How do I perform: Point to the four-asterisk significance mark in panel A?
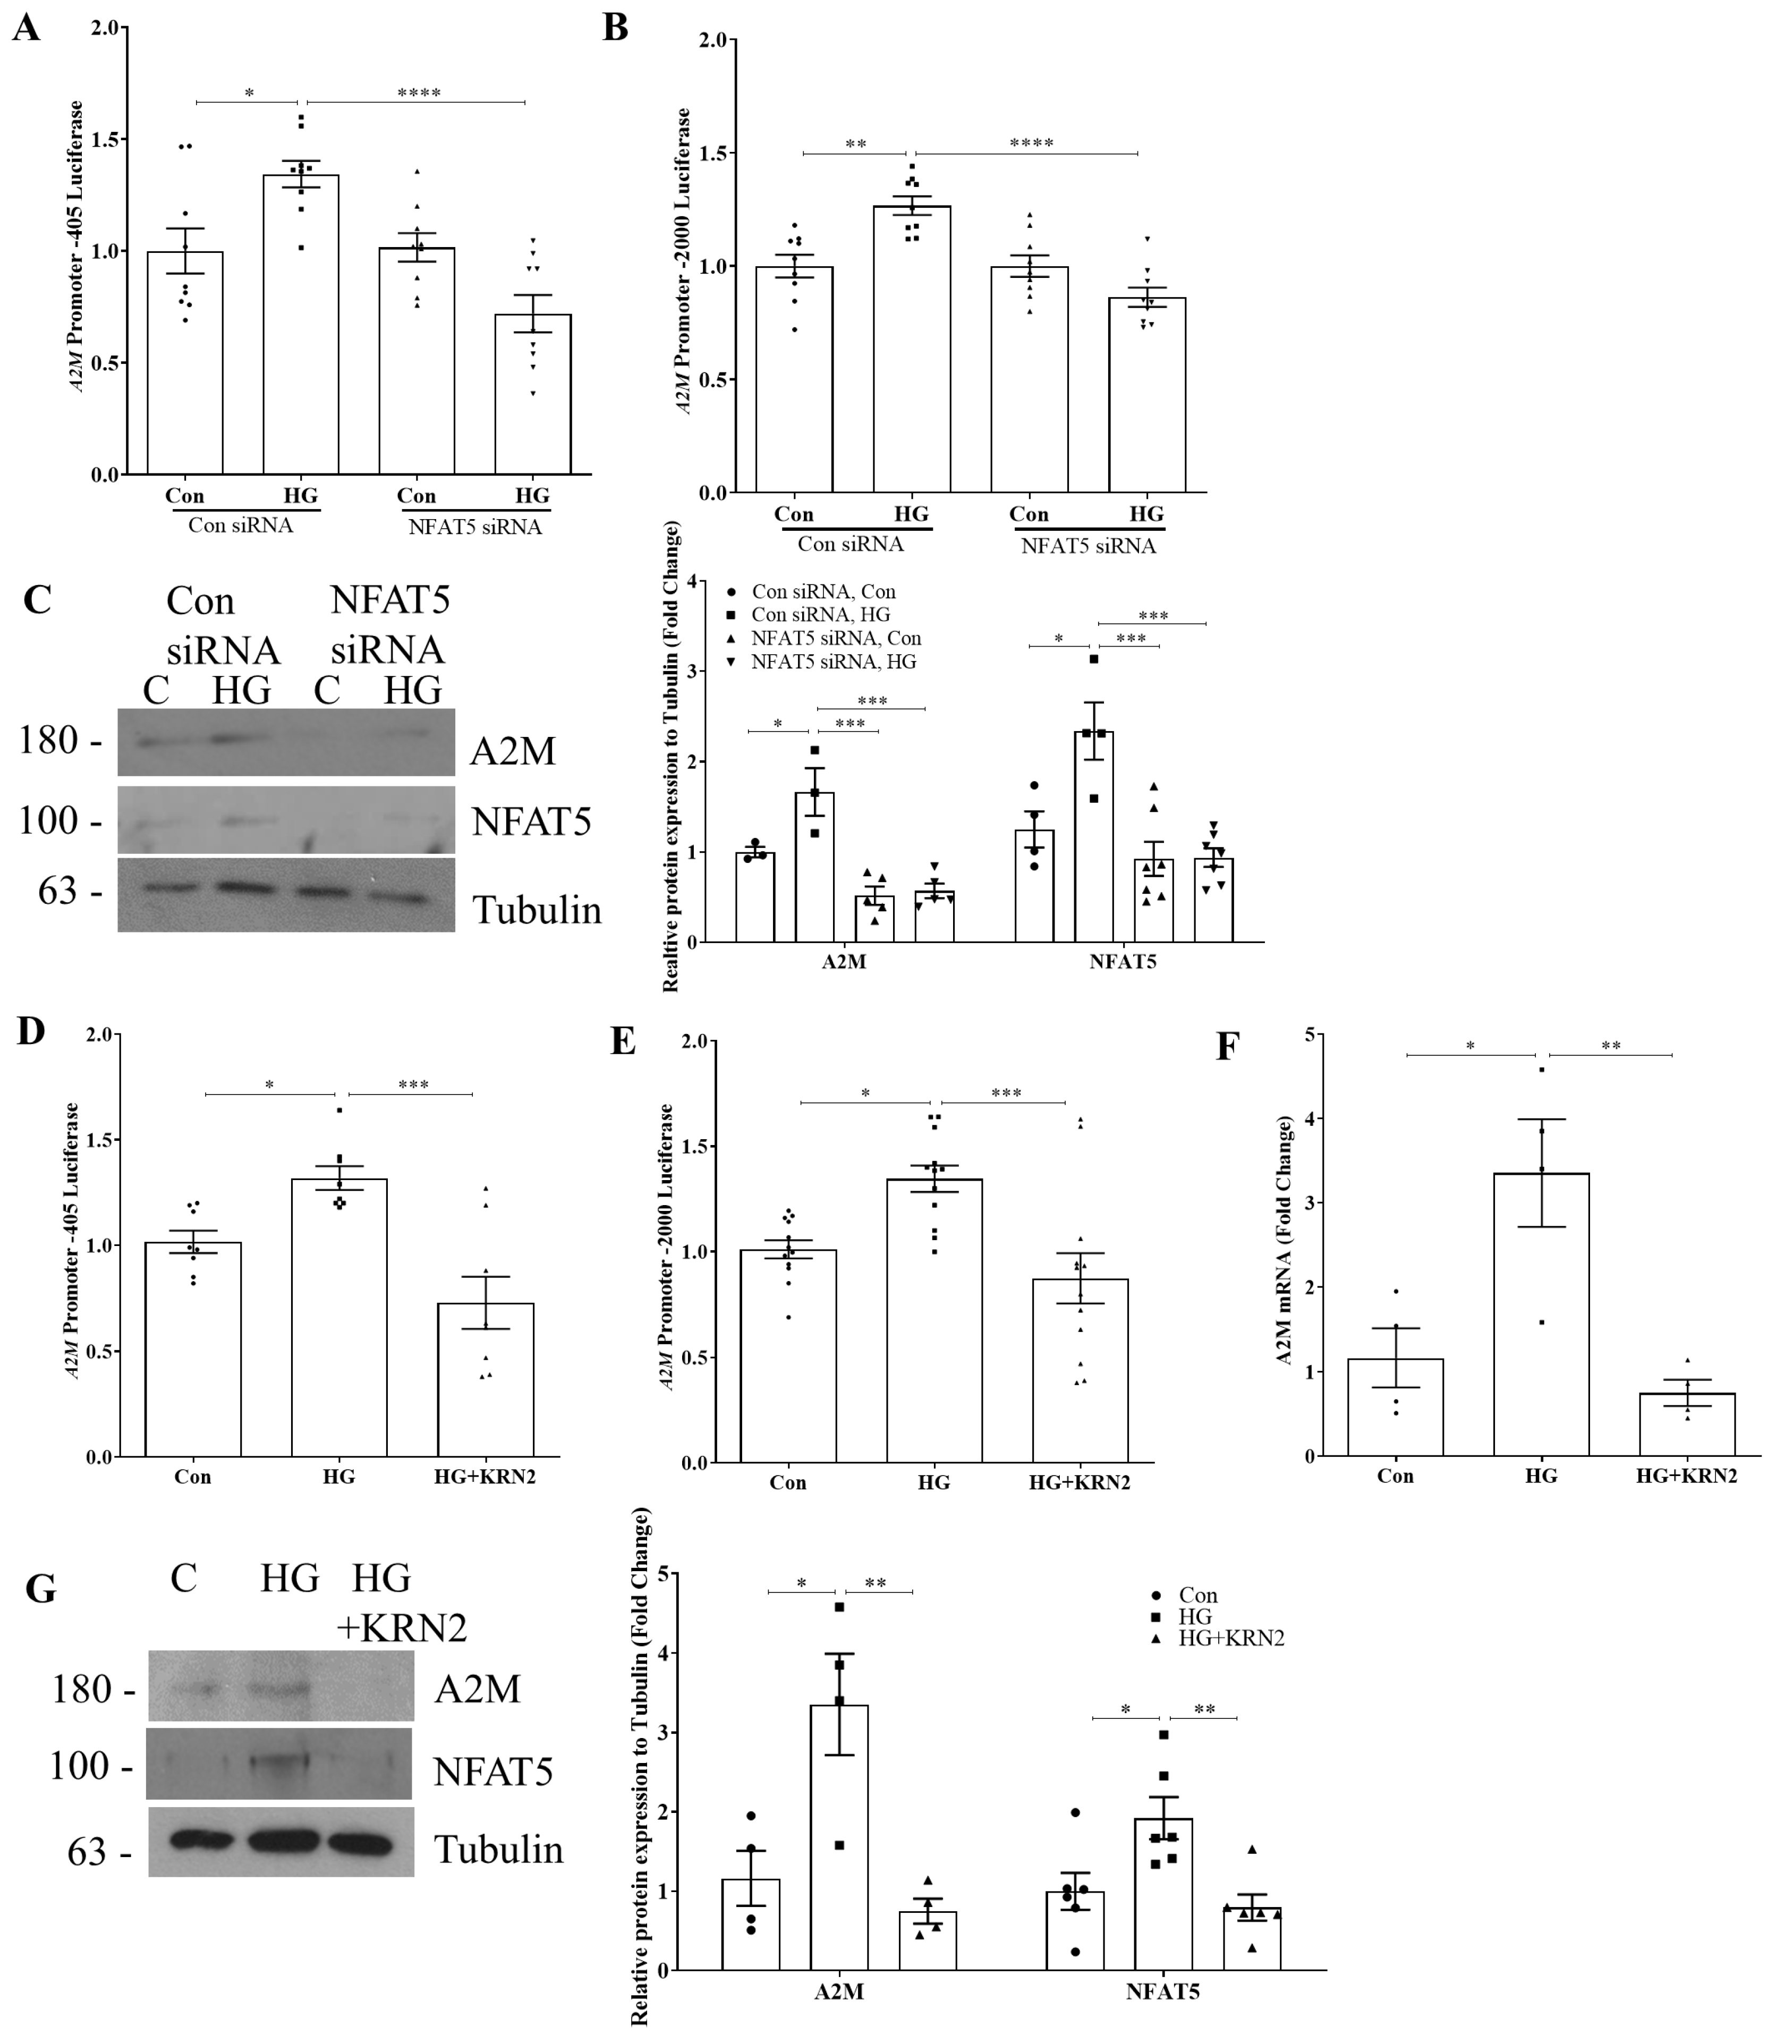[418, 93]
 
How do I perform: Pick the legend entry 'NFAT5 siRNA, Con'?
[836, 638]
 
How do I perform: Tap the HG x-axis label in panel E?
[933, 1483]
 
